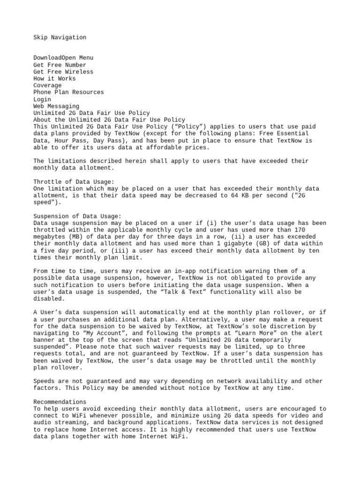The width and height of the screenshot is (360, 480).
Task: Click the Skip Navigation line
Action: click(60, 37)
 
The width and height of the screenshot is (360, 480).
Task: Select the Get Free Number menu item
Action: click(60, 65)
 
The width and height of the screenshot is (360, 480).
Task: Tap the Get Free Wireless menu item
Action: click(63, 72)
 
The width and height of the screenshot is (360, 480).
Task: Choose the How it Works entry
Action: click(54, 79)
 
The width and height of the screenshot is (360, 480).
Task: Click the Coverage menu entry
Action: click(47, 86)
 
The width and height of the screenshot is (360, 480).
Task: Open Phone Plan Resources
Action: click(68, 92)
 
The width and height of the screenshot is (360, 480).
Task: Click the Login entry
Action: click(42, 99)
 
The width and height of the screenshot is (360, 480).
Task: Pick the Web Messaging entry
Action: click(56, 106)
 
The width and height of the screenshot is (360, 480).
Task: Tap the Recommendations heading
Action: click(60, 402)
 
